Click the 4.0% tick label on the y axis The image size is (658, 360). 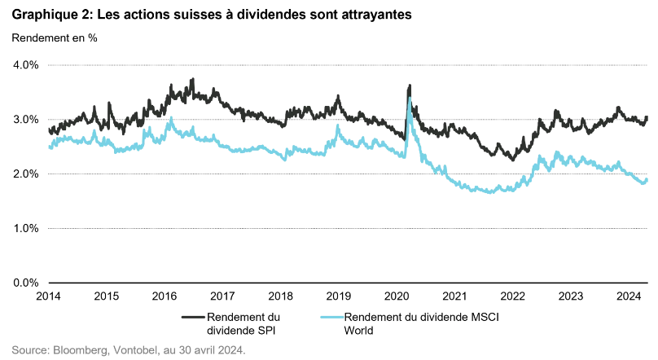26,65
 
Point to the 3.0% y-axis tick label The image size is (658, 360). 26,120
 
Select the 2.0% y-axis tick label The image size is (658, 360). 26,174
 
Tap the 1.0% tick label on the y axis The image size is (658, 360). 26,229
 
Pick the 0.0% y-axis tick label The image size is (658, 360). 26,283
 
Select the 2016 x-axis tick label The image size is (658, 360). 165,296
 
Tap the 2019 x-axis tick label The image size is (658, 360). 338,296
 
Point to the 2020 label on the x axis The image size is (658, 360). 396,296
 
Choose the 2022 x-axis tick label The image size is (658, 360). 512,296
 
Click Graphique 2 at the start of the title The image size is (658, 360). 48,13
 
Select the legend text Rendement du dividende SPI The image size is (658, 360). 243,323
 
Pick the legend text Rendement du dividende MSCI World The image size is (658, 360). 407,323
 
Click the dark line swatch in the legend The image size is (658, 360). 192,317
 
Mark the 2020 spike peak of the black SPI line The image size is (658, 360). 410,86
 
